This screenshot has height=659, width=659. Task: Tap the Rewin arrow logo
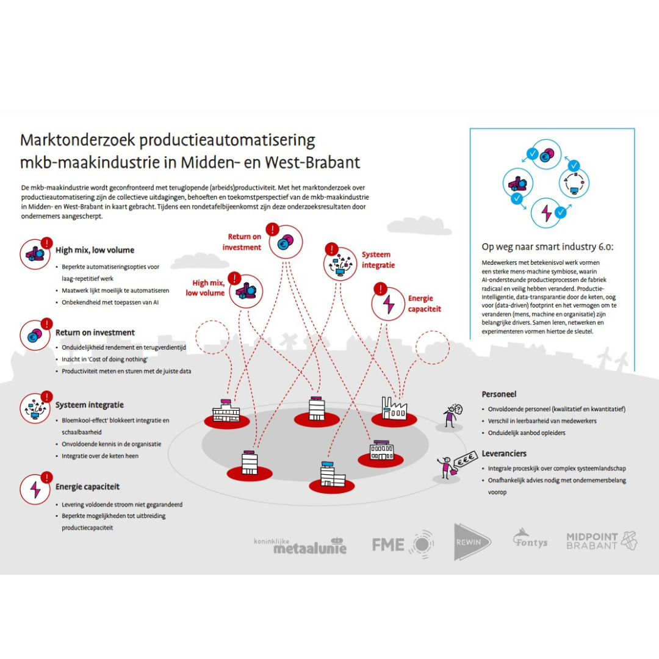[x=472, y=542]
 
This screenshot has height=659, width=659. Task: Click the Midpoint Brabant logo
[x=601, y=541]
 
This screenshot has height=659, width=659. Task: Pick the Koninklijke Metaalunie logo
[x=300, y=546]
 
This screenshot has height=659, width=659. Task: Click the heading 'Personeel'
[x=499, y=394]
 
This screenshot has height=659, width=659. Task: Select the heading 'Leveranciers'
[x=504, y=453]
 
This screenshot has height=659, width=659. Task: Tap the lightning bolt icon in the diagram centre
[x=388, y=304]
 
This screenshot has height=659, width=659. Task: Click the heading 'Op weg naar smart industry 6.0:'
[x=547, y=247]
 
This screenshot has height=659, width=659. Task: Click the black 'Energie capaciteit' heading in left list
[x=87, y=487]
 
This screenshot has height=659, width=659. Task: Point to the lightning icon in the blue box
[x=546, y=213]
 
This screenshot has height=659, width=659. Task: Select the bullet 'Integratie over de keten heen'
[x=100, y=456]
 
